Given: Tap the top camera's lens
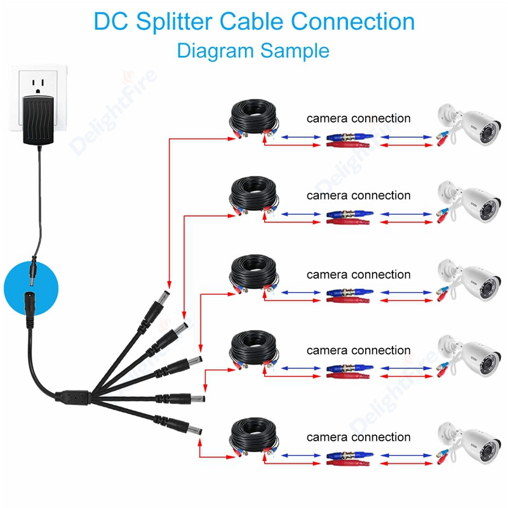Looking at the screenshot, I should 488,131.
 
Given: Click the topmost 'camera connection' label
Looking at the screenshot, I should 358,118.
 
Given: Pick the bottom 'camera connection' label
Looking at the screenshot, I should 358,437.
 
